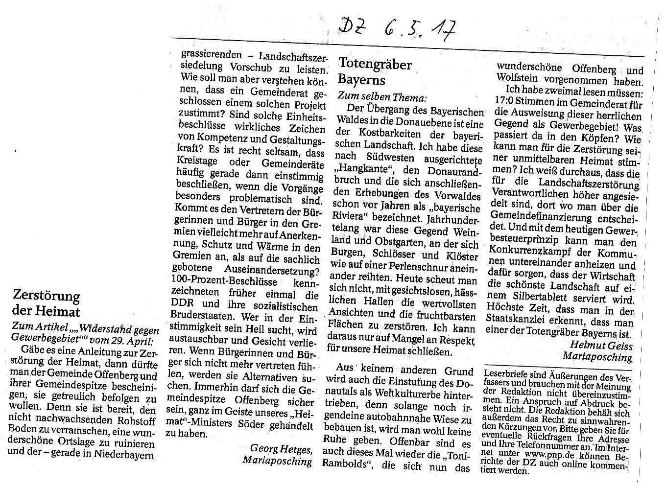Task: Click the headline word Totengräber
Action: (375, 64)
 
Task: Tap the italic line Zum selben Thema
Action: (382, 96)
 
